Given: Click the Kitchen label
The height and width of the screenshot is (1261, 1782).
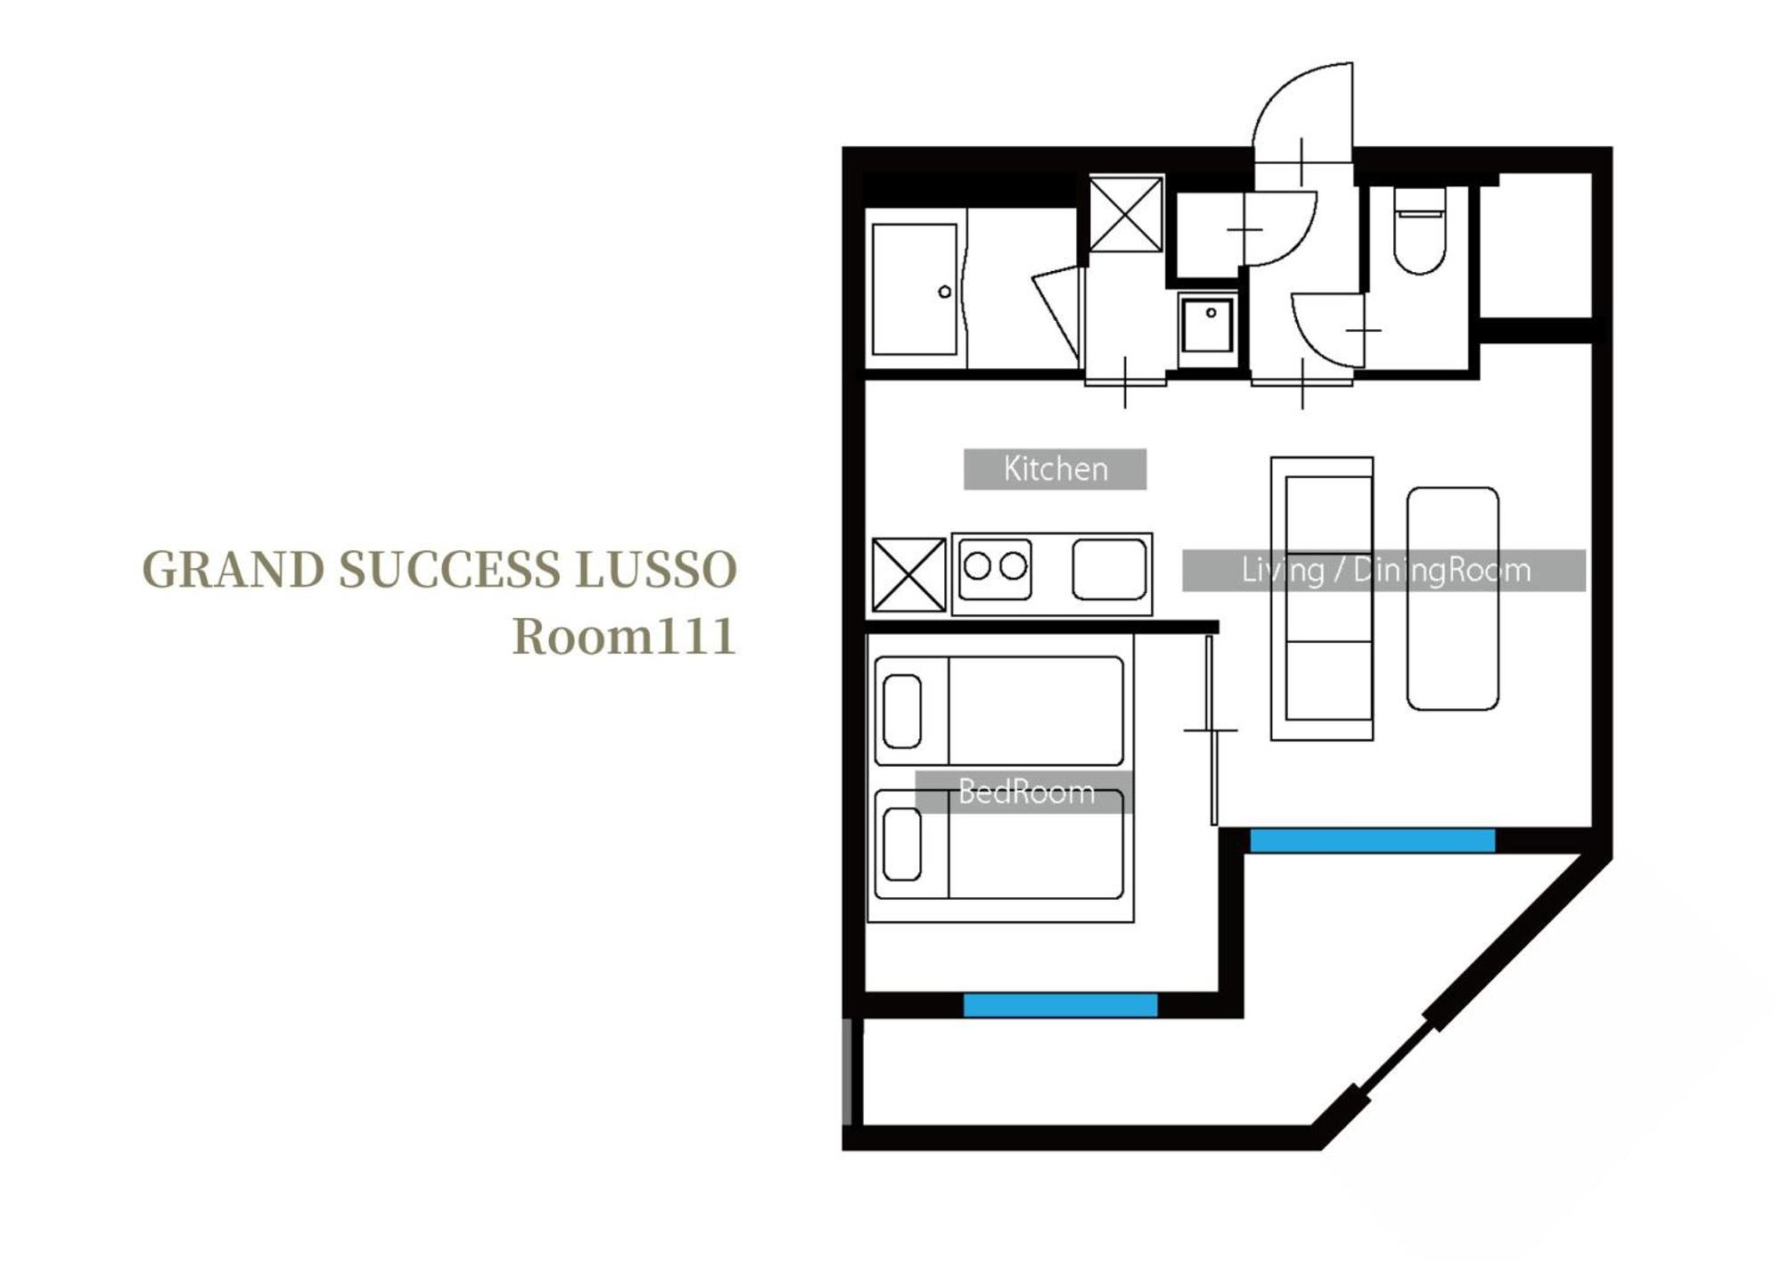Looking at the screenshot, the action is pyautogui.click(x=1055, y=469).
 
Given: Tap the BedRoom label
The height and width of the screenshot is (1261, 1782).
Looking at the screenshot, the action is pyautogui.click(x=1025, y=792).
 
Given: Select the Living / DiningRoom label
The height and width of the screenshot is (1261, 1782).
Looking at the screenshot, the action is pyautogui.click(x=1384, y=570).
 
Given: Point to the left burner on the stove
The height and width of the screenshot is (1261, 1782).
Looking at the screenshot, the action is pyautogui.click(x=978, y=566).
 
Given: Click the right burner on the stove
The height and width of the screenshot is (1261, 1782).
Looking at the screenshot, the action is pyautogui.click(x=1013, y=566).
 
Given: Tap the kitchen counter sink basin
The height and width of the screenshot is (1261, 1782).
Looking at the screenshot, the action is pyautogui.click(x=1109, y=569).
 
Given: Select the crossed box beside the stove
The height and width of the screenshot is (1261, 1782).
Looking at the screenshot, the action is pyautogui.click(x=908, y=574).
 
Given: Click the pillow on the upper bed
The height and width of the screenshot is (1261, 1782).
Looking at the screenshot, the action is pyautogui.click(x=902, y=711).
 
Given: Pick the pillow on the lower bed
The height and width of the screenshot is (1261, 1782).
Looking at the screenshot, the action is pyautogui.click(x=902, y=844).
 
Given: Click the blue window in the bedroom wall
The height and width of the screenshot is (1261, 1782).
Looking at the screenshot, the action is pyautogui.click(x=1060, y=1005).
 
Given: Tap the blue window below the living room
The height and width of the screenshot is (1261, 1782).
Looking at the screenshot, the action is pyautogui.click(x=1372, y=840).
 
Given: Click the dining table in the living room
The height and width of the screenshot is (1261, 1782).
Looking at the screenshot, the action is pyautogui.click(x=1452, y=598).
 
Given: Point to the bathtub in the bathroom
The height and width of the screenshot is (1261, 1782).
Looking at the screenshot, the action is pyautogui.click(x=915, y=290).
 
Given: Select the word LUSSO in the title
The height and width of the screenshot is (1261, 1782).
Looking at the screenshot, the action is pyautogui.click(x=655, y=570).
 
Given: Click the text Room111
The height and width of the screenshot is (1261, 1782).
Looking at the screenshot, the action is pyautogui.click(x=624, y=637).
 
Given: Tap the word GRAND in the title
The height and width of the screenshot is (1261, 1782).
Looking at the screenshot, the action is pyautogui.click(x=234, y=570).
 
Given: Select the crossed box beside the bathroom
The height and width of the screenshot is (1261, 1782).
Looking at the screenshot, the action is pyautogui.click(x=1126, y=214).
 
